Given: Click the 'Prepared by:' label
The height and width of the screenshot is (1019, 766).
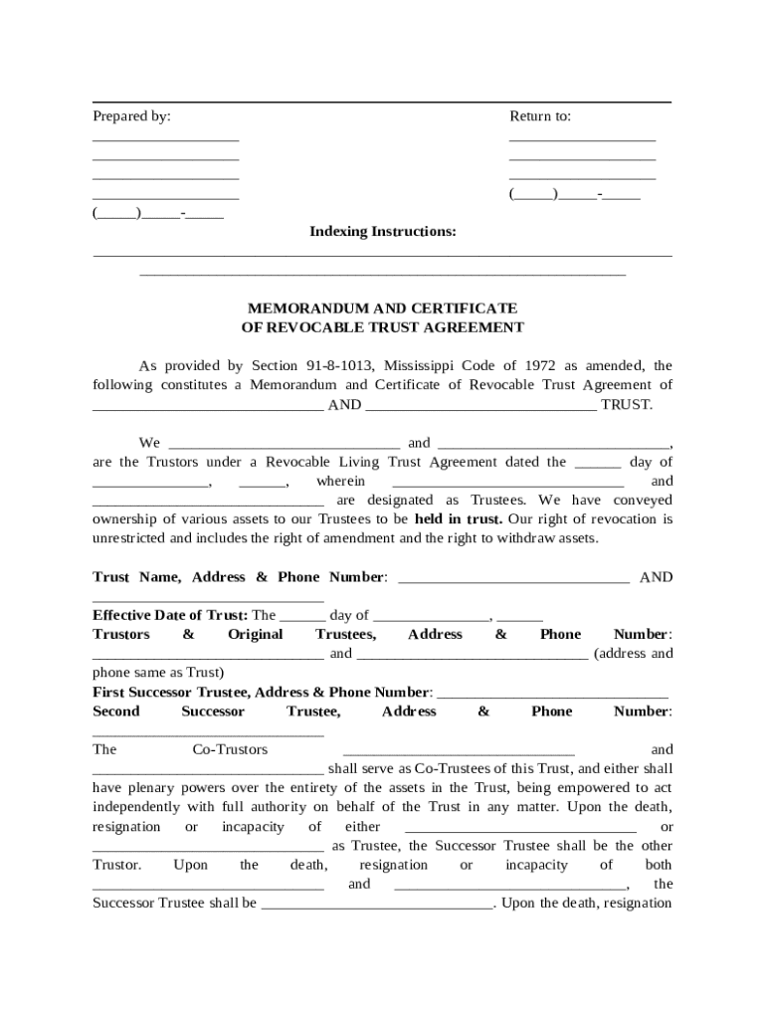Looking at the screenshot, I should (x=131, y=116).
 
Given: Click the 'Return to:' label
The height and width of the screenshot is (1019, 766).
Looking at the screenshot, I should (x=540, y=116).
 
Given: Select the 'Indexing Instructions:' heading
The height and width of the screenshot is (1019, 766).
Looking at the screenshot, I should (x=383, y=232).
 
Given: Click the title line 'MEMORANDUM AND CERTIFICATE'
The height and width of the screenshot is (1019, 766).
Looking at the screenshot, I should (x=382, y=308).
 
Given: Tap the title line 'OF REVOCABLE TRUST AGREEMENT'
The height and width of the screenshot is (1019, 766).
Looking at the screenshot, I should (x=382, y=327).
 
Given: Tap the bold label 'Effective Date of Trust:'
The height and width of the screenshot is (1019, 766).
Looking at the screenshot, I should (x=170, y=615).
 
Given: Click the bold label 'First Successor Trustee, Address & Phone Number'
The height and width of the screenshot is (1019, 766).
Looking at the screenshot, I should (x=262, y=692).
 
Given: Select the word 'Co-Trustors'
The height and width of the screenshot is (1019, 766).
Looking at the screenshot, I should (x=230, y=749).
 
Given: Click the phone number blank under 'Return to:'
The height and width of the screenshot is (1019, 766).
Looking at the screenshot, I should (x=574, y=196).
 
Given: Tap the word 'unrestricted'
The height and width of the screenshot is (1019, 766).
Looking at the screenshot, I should (x=128, y=538).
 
